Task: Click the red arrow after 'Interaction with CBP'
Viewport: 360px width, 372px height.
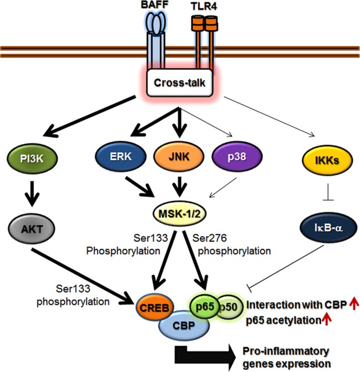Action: coord(353,304)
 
